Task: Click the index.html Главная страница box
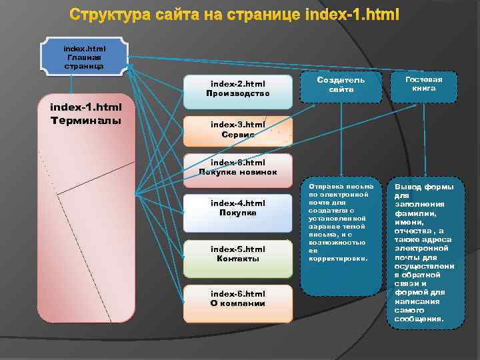[84, 57]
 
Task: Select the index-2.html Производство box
[238, 91]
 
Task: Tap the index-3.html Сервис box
[238, 129]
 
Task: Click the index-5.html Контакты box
[238, 257]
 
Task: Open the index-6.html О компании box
[238, 303]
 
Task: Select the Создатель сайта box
[341, 85]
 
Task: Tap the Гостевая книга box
[423, 85]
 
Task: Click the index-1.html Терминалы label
[86, 114]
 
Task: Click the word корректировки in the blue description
[338, 257]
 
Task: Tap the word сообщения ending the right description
[419, 319]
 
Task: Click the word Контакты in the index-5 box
[238, 259]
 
